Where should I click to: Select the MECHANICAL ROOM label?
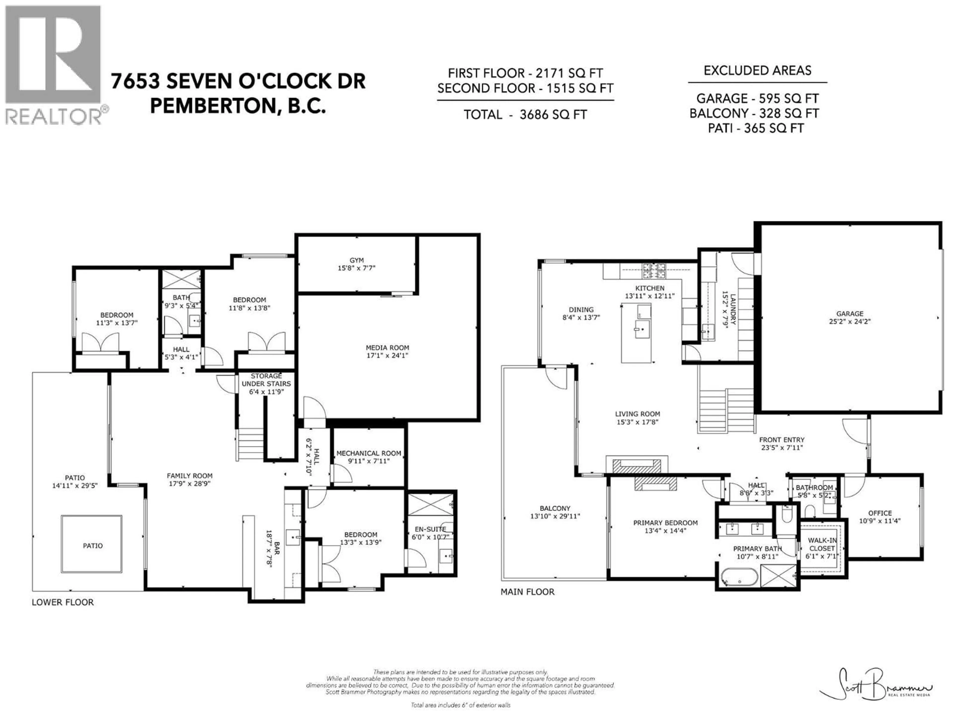tap(368, 457)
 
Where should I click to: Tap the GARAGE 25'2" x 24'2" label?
tap(850, 317)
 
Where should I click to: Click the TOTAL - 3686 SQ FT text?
tap(525, 115)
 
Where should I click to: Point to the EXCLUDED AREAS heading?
tap(757, 71)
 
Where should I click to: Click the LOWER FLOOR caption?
tap(63, 602)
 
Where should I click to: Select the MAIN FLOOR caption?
tap(527, 592)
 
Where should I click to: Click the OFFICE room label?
tap(880, 516)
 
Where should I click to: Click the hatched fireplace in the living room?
tap(636, 466)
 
